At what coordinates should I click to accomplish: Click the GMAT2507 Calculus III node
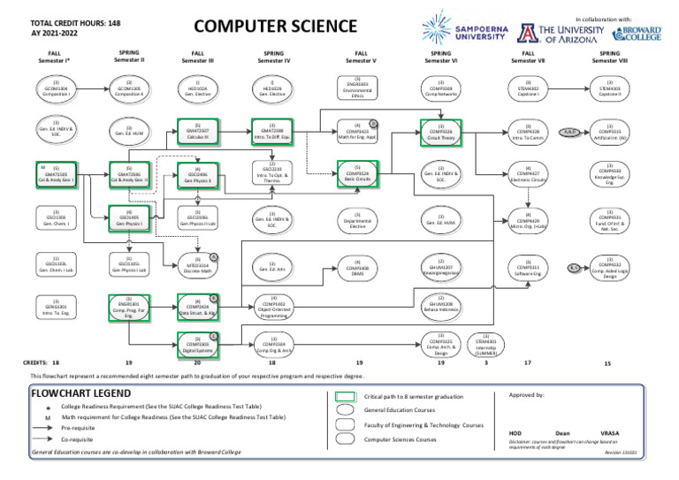click(196, 131)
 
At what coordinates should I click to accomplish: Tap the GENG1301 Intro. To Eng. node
click(55, 306)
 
